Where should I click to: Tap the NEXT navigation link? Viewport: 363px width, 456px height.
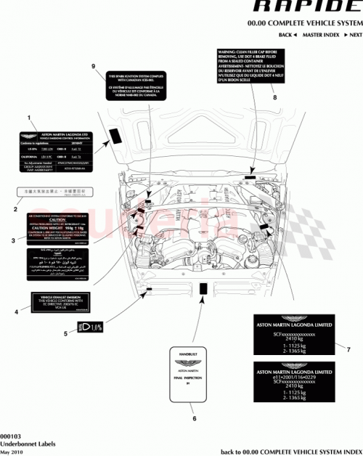pos(354,35)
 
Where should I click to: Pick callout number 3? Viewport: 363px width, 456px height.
pos(14,240)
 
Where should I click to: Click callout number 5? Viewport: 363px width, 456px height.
pos(65,333)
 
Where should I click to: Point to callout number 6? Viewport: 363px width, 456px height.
pos(193,418)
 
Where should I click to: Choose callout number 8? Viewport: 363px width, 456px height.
pos(274,97)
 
